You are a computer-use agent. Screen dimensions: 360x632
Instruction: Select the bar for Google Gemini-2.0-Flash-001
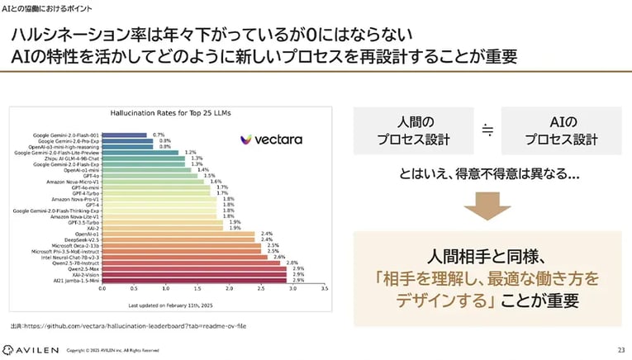124,135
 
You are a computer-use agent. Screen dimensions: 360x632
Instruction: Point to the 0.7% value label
159,135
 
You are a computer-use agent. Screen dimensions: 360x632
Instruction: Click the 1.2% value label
190,153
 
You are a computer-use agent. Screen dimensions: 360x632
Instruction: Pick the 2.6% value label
279,257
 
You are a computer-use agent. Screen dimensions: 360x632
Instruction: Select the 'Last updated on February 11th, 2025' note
212,305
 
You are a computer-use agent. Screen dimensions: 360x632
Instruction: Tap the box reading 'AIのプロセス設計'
561,130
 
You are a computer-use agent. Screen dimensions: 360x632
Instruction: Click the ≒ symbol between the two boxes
487,130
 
